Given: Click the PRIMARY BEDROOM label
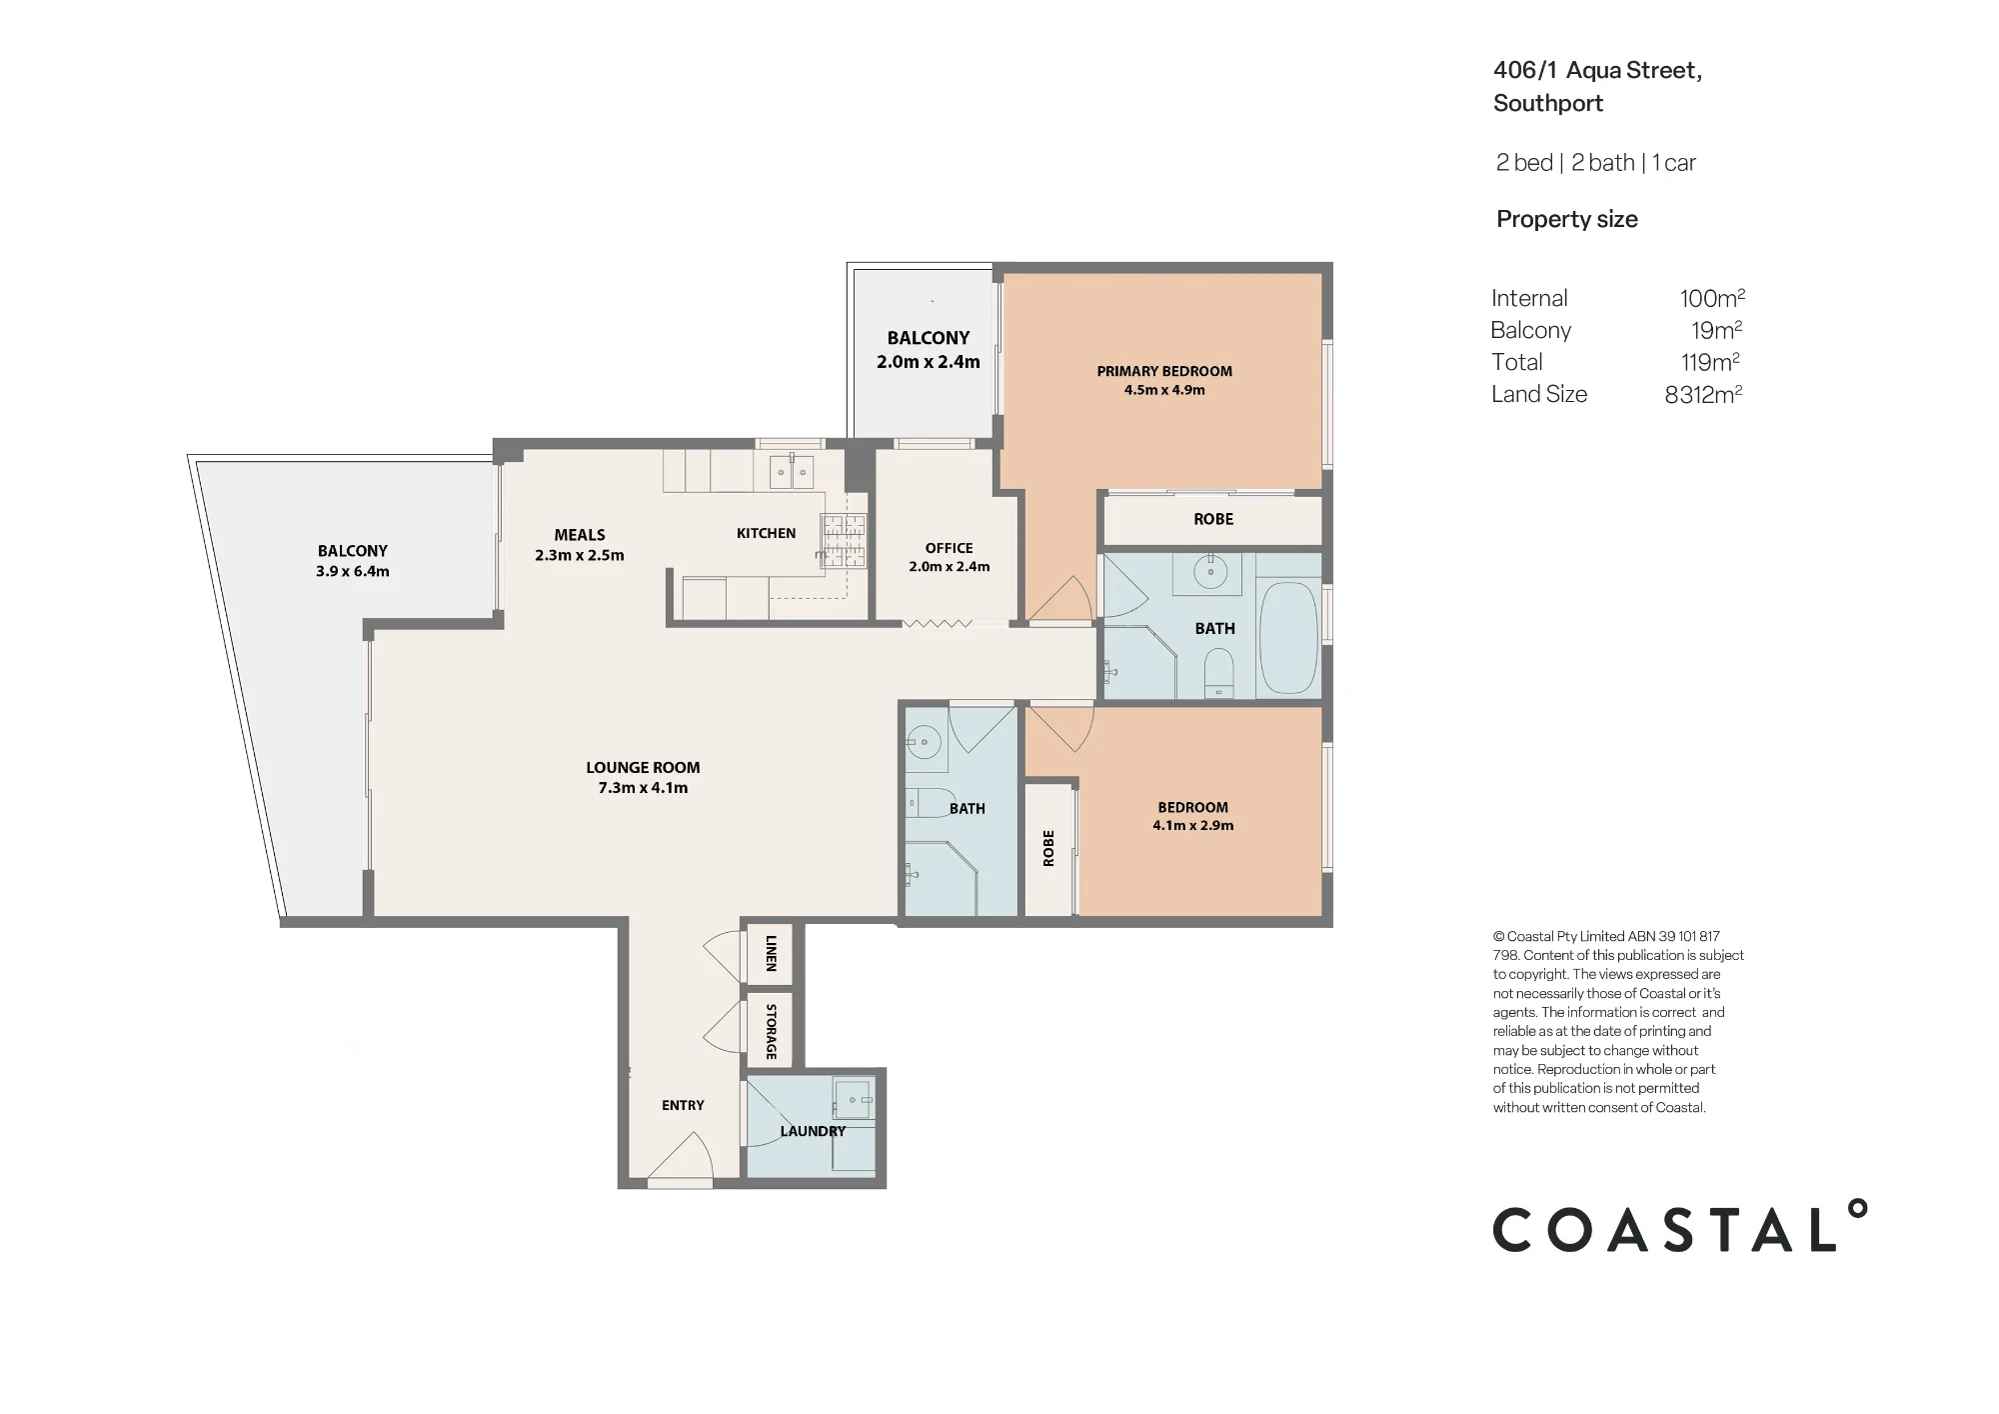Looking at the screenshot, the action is (1164, 371).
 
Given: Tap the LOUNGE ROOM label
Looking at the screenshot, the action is (643, 768).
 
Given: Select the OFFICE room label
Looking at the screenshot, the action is (949, 548).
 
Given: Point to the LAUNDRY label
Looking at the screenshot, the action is (813, 1131).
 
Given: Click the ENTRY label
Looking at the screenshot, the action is (683, 1105).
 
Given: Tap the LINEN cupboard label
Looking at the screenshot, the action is (771, 954).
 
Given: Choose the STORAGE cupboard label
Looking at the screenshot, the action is (771, 1031).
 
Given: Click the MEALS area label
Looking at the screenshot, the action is (580, 535).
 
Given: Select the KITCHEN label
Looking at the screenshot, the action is (767, 533).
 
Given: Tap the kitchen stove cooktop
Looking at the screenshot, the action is (845, 540).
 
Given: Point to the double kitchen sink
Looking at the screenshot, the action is (791, 471).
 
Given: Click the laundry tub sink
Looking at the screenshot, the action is (854, 1100).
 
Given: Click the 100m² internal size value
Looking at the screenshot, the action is (1712, 298).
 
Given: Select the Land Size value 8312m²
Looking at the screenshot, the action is (1703, 394).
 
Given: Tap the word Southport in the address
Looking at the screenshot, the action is (1548, 103).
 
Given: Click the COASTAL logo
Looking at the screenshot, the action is (1680, 1226).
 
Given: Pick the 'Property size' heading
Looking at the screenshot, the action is (1567, 219).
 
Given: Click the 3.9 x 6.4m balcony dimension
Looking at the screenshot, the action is (353, 572).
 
